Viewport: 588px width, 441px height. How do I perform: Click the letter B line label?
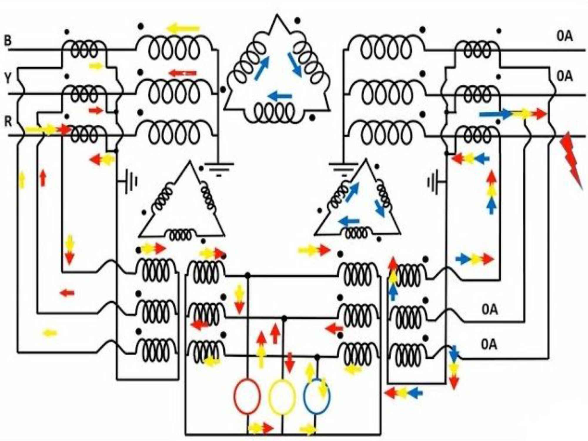(8, 40)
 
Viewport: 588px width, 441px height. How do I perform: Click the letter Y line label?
(8, 78)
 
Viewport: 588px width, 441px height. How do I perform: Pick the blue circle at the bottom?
(316, 397)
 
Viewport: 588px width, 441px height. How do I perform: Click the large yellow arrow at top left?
(183, 29)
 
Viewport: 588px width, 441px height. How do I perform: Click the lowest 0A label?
(489, 344)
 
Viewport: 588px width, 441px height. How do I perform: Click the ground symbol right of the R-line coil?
(219, 168)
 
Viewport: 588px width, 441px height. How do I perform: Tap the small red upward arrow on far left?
(43, 178)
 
